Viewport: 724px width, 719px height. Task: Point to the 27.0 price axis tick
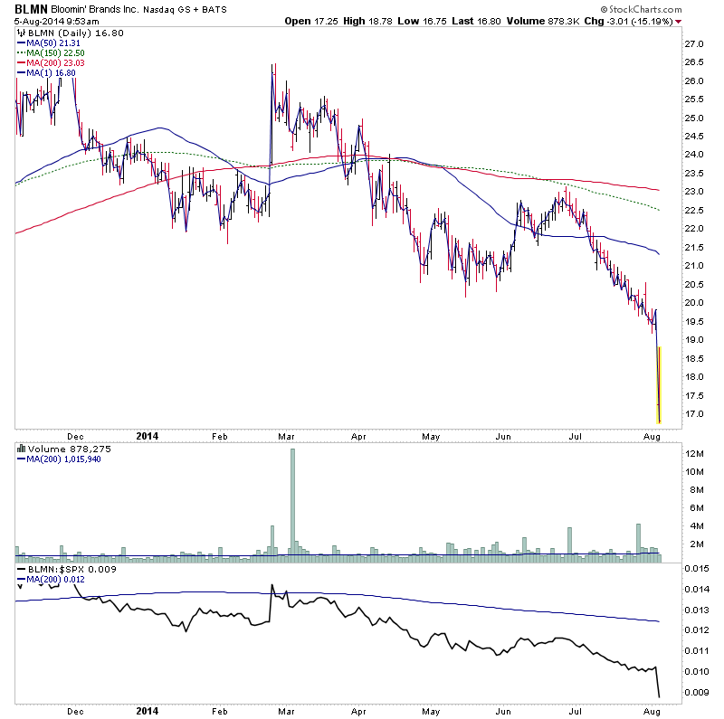click(694, 43)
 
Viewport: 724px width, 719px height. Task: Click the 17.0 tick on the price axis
click(694, 414)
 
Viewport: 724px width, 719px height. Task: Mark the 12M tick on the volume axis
click(695, 453)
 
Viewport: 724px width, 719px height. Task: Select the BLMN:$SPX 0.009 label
click(59, 570)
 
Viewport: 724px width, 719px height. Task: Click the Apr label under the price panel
click(357, 436)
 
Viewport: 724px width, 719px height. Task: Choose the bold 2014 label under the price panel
click(147, 436)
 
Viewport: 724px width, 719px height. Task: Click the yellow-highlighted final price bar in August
click(659, 384)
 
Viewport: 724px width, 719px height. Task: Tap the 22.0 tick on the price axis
click(694, 229)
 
